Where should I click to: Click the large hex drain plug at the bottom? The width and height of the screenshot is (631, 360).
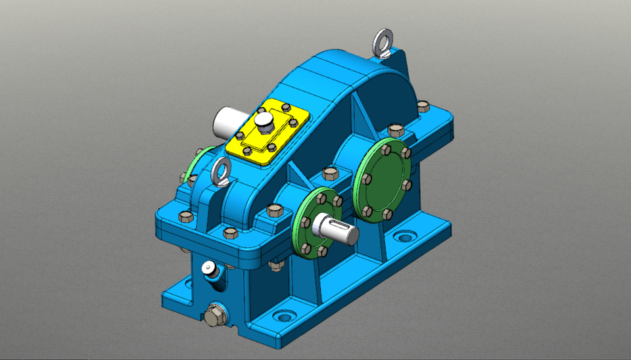coord(214,316)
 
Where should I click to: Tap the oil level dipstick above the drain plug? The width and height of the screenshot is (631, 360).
coord(208,268)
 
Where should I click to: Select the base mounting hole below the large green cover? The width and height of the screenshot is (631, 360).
coord(405,235)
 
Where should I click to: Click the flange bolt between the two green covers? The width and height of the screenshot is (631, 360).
coord(329,174)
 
